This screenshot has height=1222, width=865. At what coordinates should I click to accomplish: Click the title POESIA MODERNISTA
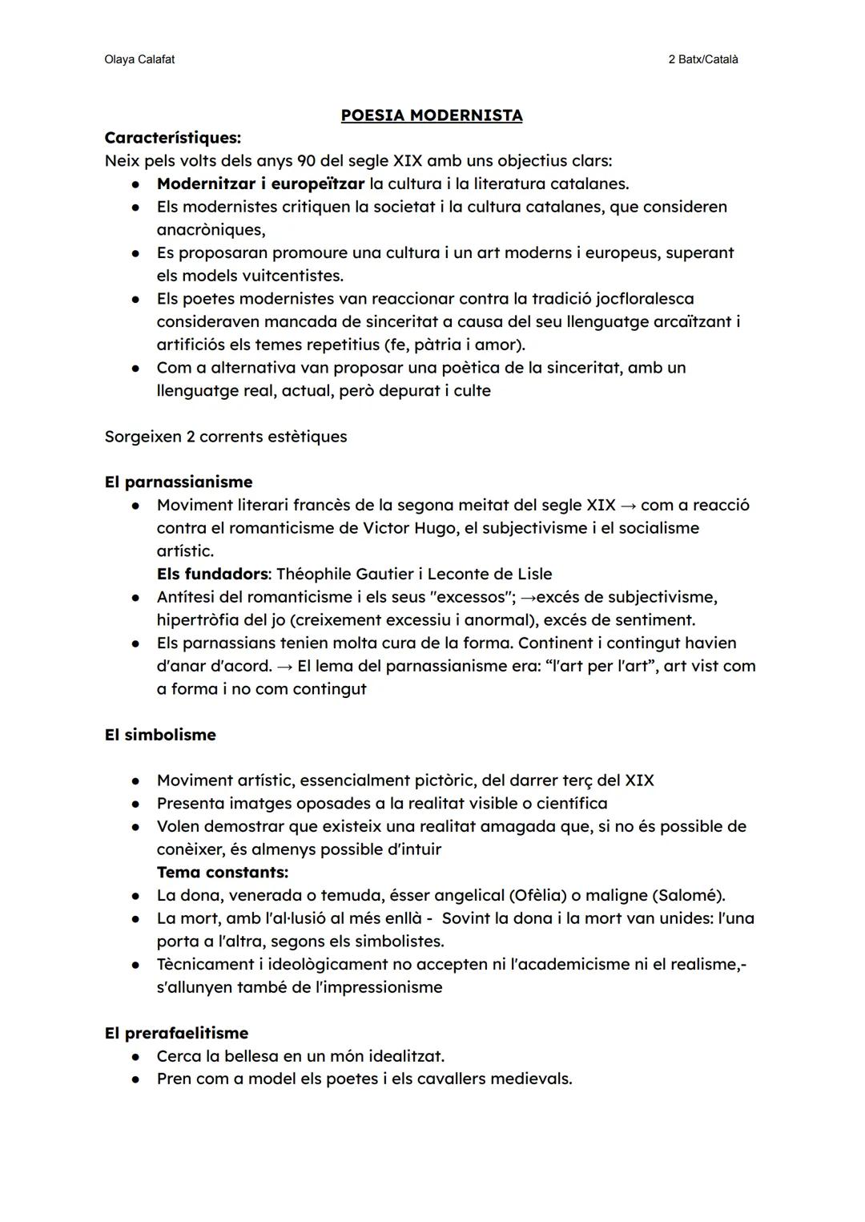coord(432,115)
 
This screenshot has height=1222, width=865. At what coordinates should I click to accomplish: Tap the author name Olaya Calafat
coord(139,59)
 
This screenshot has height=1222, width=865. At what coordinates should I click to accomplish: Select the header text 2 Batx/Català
coord(702,59)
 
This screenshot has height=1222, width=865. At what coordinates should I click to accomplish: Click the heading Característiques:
coord(173,138)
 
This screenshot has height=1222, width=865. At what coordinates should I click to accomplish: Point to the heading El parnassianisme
coord(179,482)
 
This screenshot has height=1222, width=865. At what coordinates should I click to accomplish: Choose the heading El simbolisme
coord(160,735)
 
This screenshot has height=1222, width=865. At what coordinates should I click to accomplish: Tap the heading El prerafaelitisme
coord(176,1033)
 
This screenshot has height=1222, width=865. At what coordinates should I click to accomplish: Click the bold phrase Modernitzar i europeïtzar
coord(260,184)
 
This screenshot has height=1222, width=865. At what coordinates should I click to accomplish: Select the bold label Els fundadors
coord(211,574)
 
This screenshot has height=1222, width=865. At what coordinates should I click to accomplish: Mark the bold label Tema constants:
coord(222,872)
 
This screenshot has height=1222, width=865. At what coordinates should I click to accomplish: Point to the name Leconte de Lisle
coord(489,574)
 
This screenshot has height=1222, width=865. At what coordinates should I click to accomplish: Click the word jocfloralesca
coord(645,299)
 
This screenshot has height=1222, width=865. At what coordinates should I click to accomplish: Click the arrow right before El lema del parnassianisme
coord(284,667)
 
